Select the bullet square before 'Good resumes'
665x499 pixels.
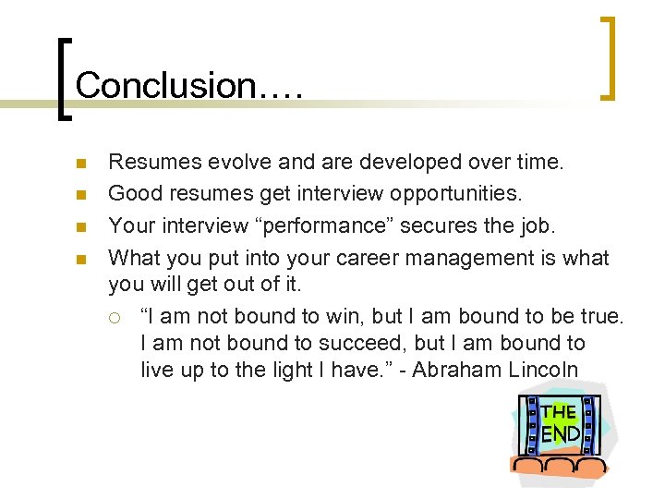tap(80, 195)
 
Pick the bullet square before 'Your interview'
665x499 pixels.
tap(80, 225)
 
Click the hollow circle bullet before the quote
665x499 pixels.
tap(113, 317)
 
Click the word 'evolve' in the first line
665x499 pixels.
tap(243, 163)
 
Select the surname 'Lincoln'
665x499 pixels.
tap(546, 371)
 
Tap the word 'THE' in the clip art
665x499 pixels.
tap(558, 412)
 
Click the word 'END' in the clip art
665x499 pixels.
tap(560, 432)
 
